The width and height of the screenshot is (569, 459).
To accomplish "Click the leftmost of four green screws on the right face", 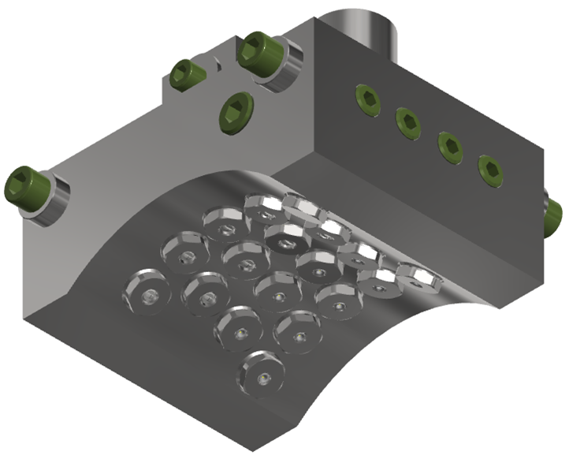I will pyautogui.click(x=367, y=98).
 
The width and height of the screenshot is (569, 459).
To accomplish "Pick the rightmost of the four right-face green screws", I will pyautogui.click(x=489, y=170).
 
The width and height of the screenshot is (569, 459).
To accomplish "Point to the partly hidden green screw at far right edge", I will pyautogui.click(x=555, y=211).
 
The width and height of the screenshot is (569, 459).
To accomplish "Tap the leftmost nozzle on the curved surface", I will pyautogui.click(x=146, y=293).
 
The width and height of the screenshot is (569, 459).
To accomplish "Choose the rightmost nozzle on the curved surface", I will pyautogui.click(x=419, y=277).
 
